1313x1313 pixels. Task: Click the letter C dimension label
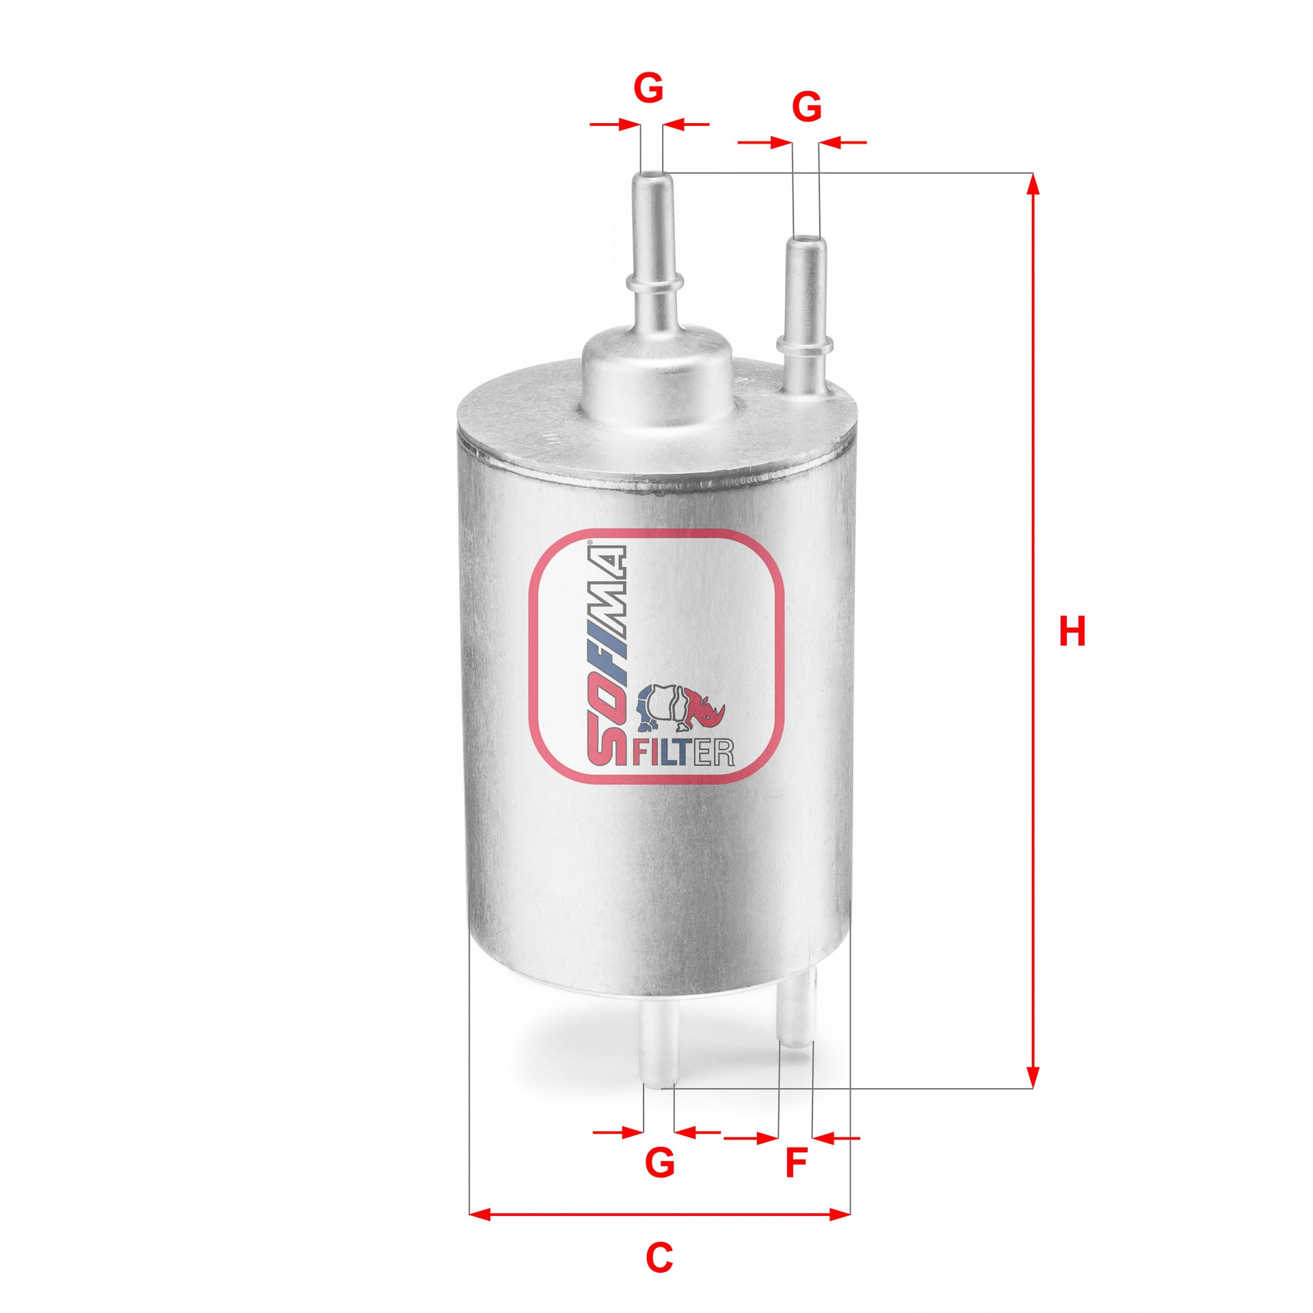click(659, 1257)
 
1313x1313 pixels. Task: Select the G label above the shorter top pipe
click(806, 107)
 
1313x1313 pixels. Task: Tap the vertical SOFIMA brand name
click(607, 654)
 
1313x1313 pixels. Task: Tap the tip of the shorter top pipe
click(806, 240)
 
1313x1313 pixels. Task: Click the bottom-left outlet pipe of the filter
click(660, 1046)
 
